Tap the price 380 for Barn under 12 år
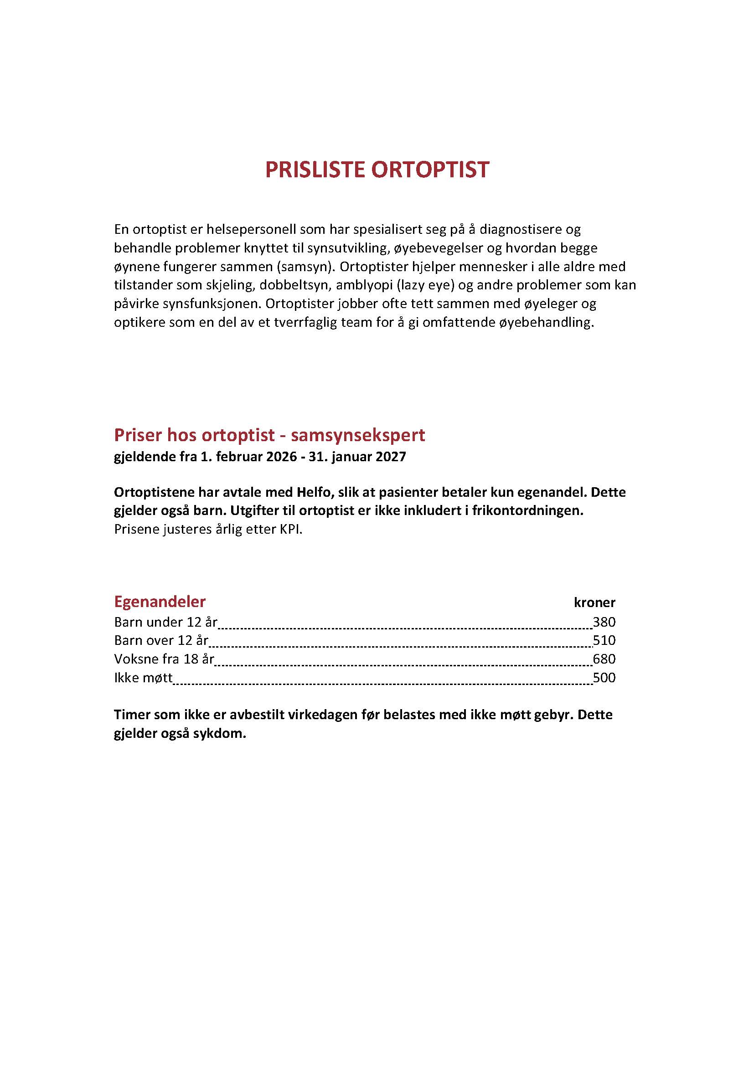point(604,622)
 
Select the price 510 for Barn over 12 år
point(604,640)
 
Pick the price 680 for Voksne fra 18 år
point(604,659)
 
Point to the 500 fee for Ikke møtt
point(604,677)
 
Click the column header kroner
point(594,603)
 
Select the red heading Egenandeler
point(160,602)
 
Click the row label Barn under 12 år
point(166,622)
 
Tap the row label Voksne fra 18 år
point(164,659)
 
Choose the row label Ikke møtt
point(143,677)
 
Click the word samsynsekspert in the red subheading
point(358,435)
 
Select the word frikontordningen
point(527,511)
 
